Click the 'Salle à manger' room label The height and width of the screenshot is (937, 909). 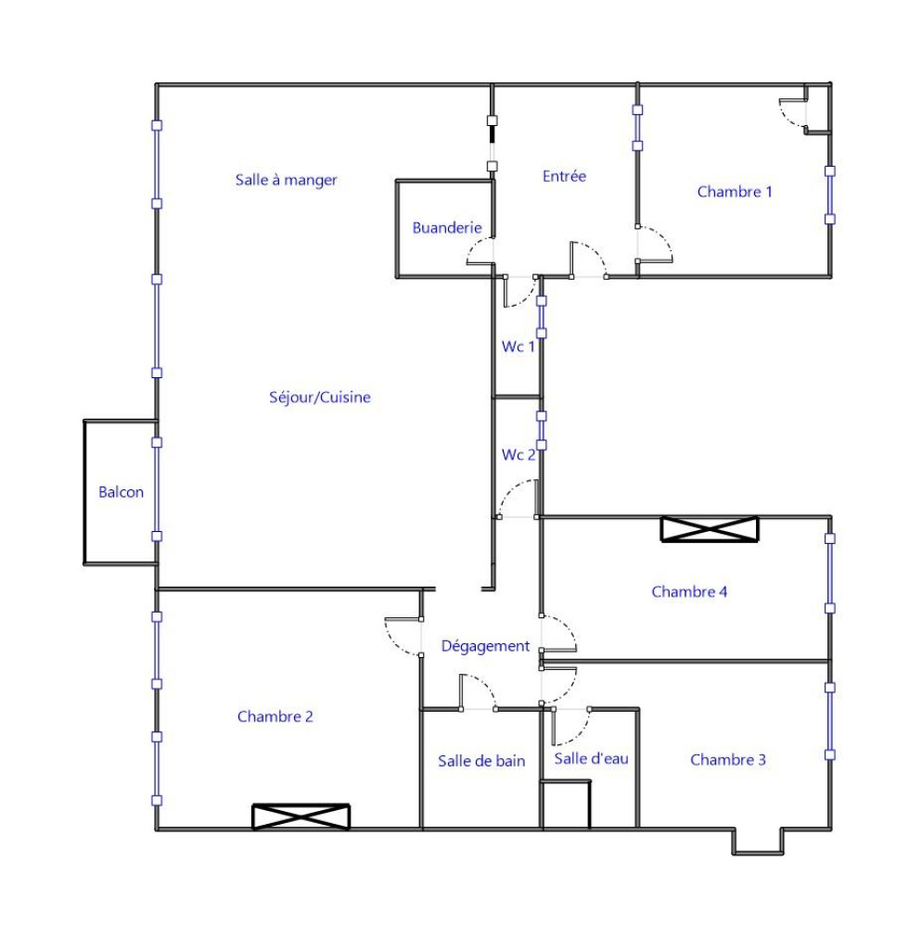pos(286,180)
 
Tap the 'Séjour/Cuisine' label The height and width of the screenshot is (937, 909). pos(320,398)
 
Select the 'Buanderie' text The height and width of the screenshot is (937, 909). pos(447,228)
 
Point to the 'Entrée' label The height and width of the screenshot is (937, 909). pos(564,176)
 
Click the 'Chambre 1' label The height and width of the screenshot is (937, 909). pos(735,192)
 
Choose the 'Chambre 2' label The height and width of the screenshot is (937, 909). pos(275,716)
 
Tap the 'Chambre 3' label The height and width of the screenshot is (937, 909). pos(728,760)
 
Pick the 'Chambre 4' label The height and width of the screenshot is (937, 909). pos(689,591)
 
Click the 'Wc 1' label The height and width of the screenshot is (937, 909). pos(518,347)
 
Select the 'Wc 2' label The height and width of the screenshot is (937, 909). pos(518,455)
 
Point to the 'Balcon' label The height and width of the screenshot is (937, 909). pos(121,492)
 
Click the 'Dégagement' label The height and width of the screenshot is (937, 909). pos(485,647)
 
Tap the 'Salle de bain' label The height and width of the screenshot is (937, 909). pos(481,761)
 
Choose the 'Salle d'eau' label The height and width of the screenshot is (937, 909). pos(591,759)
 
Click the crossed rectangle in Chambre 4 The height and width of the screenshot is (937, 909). pos(710,529)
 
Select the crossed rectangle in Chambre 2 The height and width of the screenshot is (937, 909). pos(301,817)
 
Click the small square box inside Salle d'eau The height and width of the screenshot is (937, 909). pos(566,804)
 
